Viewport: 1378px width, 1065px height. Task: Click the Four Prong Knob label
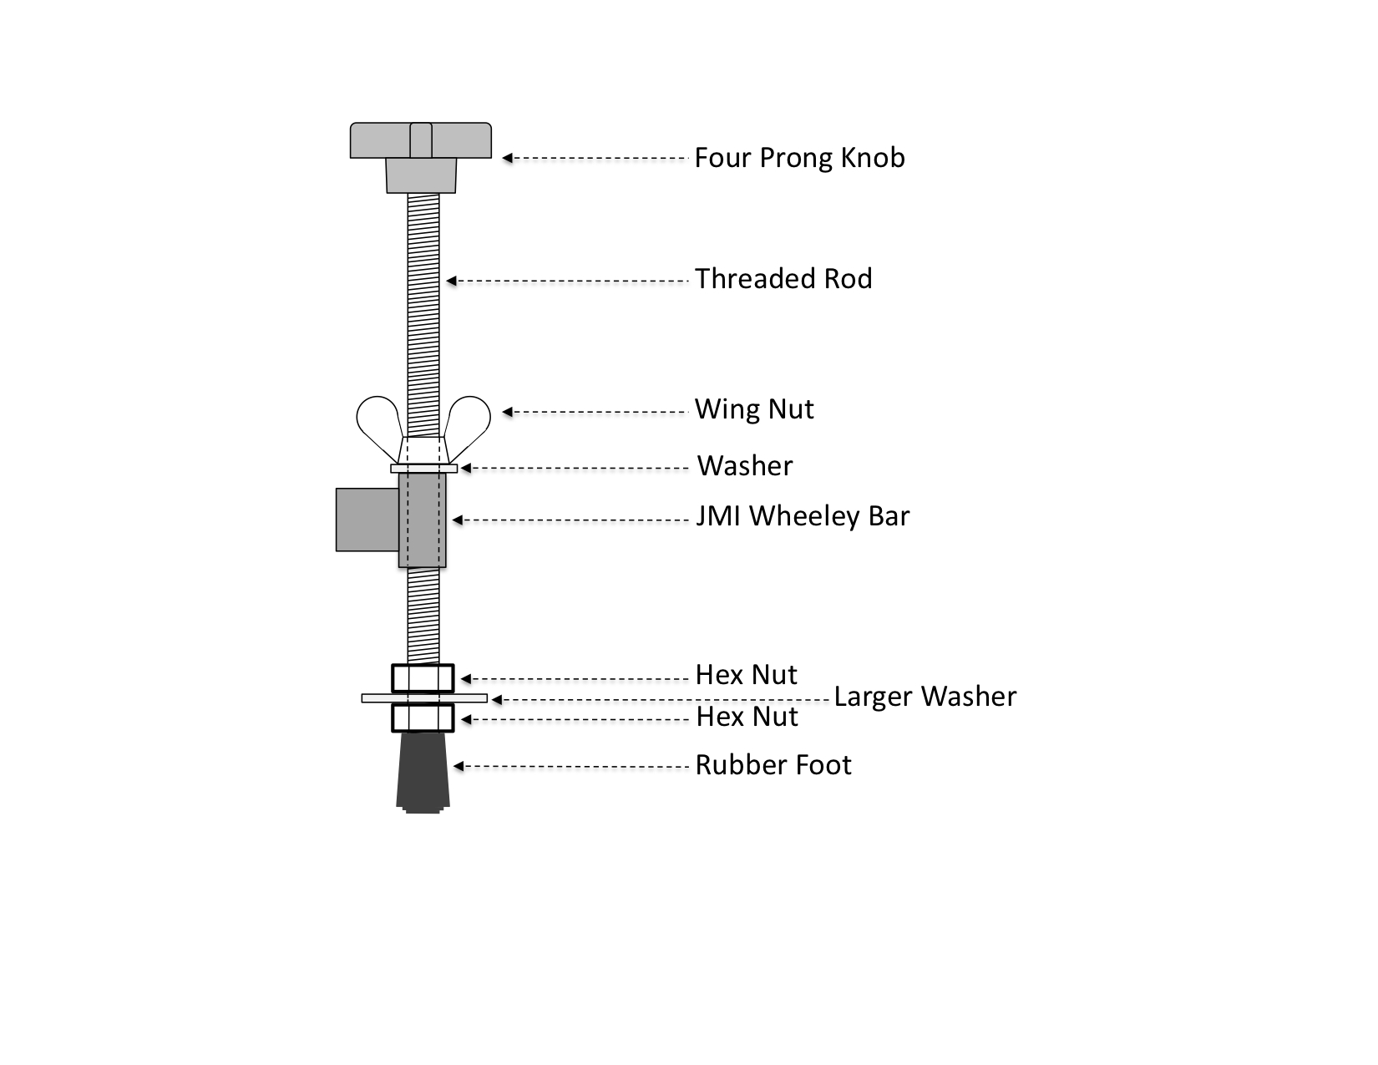click(799, 158)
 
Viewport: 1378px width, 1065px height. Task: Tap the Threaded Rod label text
click(783, 278)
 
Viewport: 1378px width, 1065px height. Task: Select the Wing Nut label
click(754, 409)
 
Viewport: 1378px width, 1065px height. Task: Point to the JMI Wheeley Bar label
click(803, 517)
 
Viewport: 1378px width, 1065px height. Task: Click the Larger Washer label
click(925, 697)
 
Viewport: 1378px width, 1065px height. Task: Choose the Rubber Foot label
click(773, 765)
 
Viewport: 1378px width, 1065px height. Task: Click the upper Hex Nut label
click(746, 675)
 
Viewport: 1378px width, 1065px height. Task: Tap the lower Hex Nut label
click(747, 717)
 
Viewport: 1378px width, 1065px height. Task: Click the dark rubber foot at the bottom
click(423, 773)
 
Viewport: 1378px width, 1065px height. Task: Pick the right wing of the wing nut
click(468, 423)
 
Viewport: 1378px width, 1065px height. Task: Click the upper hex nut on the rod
click(423, 678)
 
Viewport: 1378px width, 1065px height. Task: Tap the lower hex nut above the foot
click(423, 718)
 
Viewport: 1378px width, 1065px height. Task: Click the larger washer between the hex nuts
click(424, 698)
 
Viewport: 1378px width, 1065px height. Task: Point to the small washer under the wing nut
click(423, 469)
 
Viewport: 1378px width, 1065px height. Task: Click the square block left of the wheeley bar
click(367, 520)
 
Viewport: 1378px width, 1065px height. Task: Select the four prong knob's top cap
click(421, 140)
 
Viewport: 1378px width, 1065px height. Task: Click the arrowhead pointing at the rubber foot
click(458, 766)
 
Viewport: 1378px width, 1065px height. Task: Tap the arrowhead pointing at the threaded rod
click(452, 281)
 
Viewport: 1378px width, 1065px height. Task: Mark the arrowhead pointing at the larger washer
click(497, 700)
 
